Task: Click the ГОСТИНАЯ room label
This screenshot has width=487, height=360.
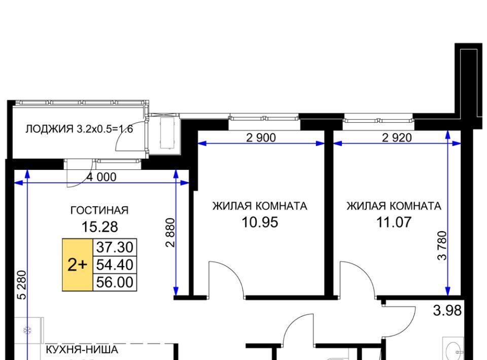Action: point(99,210)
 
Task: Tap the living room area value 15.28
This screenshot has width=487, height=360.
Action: point(99,227)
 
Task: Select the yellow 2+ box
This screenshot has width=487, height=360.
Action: point(78,265)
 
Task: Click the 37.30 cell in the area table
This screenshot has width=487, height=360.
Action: point(115,247)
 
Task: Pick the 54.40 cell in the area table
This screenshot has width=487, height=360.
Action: point(115,265)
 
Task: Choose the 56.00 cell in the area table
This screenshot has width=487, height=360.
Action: point(115,282)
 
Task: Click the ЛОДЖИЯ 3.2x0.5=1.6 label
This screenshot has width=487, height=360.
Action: point(79,129)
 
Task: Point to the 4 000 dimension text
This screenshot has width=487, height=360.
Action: point(101,177)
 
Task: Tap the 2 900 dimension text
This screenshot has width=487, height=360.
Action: point(261,137)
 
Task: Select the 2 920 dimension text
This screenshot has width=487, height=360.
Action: point(397,137)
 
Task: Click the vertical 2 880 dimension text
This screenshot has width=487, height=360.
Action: point(170,233)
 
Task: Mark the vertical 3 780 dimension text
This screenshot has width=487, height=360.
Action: point(442,245)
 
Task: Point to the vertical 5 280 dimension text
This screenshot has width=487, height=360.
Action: point(22,285)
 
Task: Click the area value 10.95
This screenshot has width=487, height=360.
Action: point(260,222)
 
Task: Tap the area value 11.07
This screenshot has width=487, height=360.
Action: point(394,222)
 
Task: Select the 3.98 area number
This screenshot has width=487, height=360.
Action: point(447,310)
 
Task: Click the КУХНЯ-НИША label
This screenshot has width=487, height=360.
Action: point(82,349)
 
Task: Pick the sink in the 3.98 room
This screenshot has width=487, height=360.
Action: point(454,350)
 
